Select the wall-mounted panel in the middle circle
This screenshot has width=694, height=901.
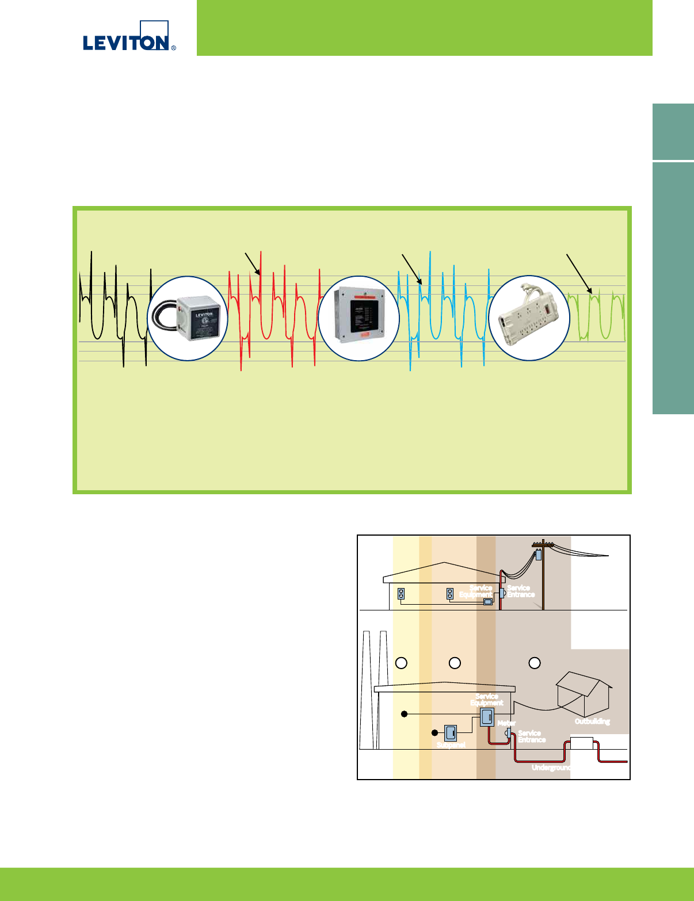coord(359,318)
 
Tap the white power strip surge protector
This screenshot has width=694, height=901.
coord(528,319)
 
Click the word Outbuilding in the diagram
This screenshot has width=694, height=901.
coord(592,721)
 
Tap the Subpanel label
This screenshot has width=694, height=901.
coord(451,745)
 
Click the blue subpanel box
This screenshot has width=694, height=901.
coord(450,732)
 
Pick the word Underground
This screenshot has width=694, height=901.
coord(551,768)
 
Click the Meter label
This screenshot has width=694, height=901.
coord(506,723)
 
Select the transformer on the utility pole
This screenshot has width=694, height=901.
coord(539,555)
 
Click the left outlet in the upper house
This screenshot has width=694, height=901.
coord(402,593)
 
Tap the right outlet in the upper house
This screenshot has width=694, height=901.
coord(450,593)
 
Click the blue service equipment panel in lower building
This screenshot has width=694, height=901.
coord(487,717)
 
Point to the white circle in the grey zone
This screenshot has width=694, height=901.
coord(535,663)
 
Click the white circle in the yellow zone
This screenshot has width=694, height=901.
coord(402,663)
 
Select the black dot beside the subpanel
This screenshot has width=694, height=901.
coord(435,732)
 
